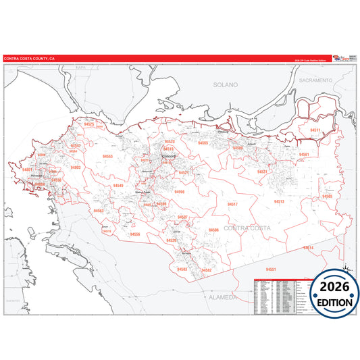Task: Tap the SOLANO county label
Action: [x=226, y=85]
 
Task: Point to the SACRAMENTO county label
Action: [x=316, y=80]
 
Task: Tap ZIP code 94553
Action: [x=108, y=156]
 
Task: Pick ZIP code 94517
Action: [x=232, y=203]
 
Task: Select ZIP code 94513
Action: [x=278, y=201]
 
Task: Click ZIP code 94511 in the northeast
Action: [x=315, y=130]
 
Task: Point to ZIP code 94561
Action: [x=304, y=155]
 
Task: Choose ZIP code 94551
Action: [x=270, y=269]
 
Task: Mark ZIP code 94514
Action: [x=308, y=247]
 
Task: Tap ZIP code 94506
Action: [x=213, y=230]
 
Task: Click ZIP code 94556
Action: [x=135, y=234]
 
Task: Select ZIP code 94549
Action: [x=118, y=185]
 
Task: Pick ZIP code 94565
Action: [x=203, y=143]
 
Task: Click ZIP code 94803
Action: [x=76, y=166]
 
